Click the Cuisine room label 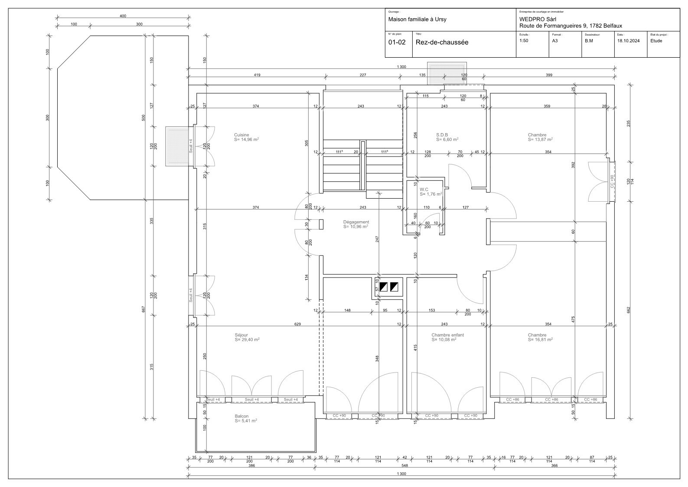pyautogui.click(x=241, y=135)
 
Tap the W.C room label pyautogui.click(x=424, y=190)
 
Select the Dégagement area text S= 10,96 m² pyautogui.click(x=355, y=227)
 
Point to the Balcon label pyautogui.click(x=241, y=416)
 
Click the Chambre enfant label pyautogui.click(x=447, y=335)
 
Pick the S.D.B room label pyautogui.click(x=442, y=135)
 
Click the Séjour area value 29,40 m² pyautogui.click(x=247, y=340)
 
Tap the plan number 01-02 pyautogui.click(x=397, y=42)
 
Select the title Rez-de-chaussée pyautogui.click(x=442, y=42)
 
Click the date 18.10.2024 pyautogui.click(x=628, y=41)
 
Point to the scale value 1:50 pyautogui.click(x=524, y=41)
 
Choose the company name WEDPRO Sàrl pyautogui.click(x=538, y=20)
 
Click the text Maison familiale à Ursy pyautogui.click(x=417, y=20)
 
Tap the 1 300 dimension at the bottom pyautogui.click(x=401, y=474)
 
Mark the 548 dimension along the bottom pyautogui.click(x=404, y=466)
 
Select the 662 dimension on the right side pyautogui.click(x=629, y=309)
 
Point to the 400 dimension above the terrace pyautogui.click(x=123, y=16)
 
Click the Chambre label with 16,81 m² pyautogui.click(x=537, y=335)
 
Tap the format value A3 pyautogui.click(x=555, y=41)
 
